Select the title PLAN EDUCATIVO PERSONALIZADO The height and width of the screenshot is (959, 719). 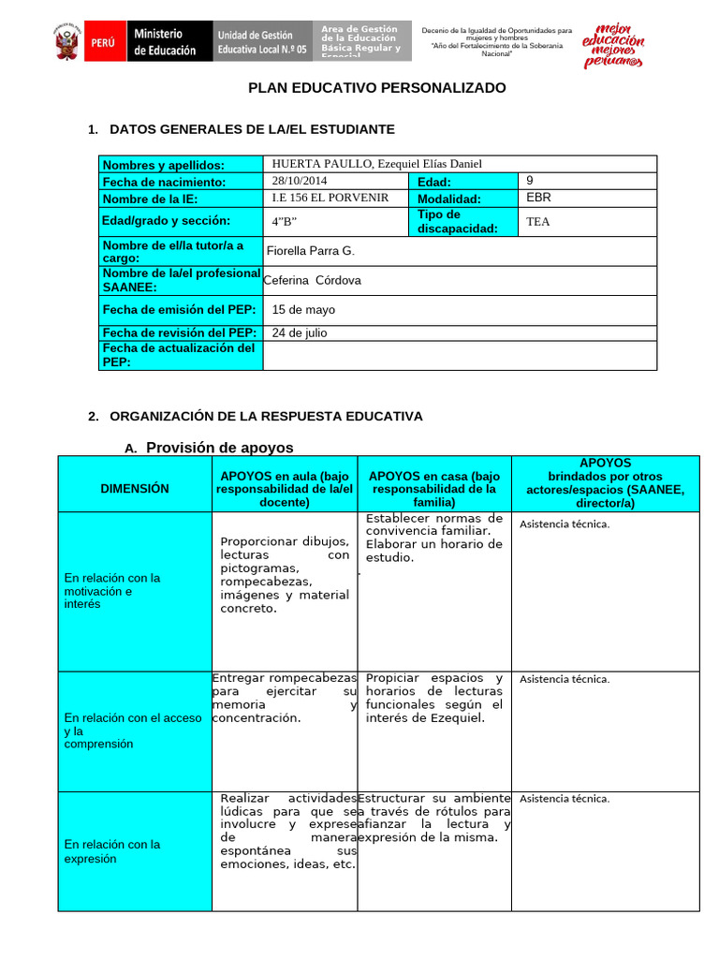pos(376,88)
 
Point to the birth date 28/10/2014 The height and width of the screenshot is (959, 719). pos(300,181)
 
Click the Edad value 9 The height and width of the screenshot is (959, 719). pos(531,180)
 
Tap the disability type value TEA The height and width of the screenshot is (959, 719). pos(537,222)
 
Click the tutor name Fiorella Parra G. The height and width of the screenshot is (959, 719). pos(311,251)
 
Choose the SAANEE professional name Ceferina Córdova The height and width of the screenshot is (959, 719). pos(312,280)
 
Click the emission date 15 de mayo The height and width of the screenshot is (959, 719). pos(303,310)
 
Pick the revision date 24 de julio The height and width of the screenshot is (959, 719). pos(300,332)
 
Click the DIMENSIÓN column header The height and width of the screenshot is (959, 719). pos(136,488)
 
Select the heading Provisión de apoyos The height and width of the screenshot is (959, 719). pos(219,448)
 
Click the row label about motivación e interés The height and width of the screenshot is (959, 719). pos(112,591)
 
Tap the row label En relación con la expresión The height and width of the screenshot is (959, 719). pos(112,850)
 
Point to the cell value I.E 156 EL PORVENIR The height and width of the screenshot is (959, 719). pos(330,198)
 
